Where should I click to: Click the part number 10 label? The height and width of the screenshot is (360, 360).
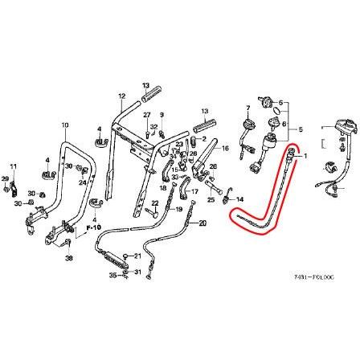point(65,125)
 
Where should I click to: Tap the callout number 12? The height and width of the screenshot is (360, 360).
point(122,96)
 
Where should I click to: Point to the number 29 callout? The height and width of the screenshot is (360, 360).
point(5,178)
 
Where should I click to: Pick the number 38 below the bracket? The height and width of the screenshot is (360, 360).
point(68,259)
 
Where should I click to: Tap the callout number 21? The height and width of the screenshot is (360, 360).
point(137,256)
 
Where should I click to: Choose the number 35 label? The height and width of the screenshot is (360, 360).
point(113,274)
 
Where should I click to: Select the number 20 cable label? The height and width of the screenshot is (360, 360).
point(202,222)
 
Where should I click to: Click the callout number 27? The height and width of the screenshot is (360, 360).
point(147,115)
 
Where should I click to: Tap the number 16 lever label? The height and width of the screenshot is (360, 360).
point(225,148)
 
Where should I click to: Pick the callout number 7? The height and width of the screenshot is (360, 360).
point(249,108)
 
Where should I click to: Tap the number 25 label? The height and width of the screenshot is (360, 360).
point(211,198)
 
